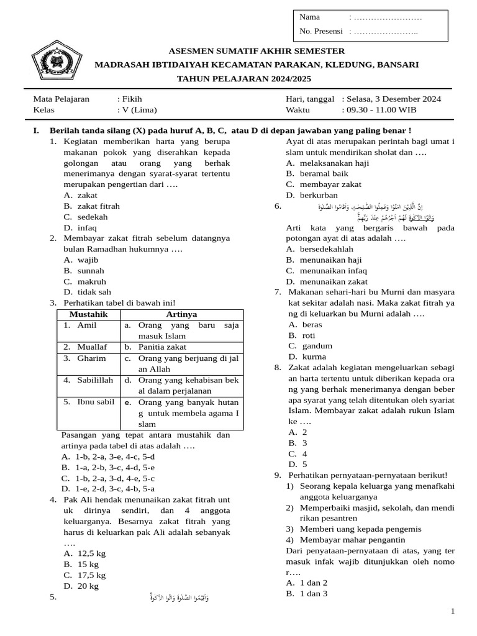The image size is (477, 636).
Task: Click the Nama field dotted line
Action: coord(386,17)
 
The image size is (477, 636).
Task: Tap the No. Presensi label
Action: coord(321,31)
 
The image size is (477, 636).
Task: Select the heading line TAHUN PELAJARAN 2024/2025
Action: coord(244,79)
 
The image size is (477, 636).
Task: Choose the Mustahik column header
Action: coord(88,314)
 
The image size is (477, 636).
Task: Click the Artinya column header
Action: coord(181,314)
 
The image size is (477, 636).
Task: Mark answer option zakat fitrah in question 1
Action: coord(98,206)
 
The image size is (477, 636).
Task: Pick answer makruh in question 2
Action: coord(91,281)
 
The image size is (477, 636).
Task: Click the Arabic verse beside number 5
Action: coord(180,597)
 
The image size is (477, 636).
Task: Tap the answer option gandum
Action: coord(317,346)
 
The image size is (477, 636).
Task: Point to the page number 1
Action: coord(453,612)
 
